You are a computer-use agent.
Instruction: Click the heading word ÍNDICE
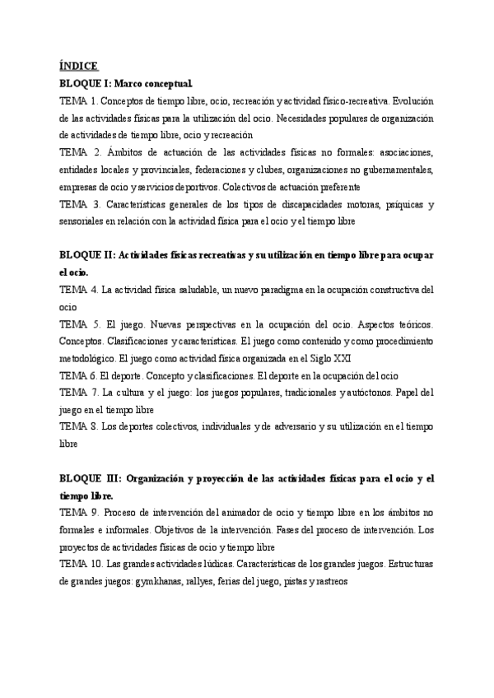point(79,67)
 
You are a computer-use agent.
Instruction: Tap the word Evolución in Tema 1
point(414,100)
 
